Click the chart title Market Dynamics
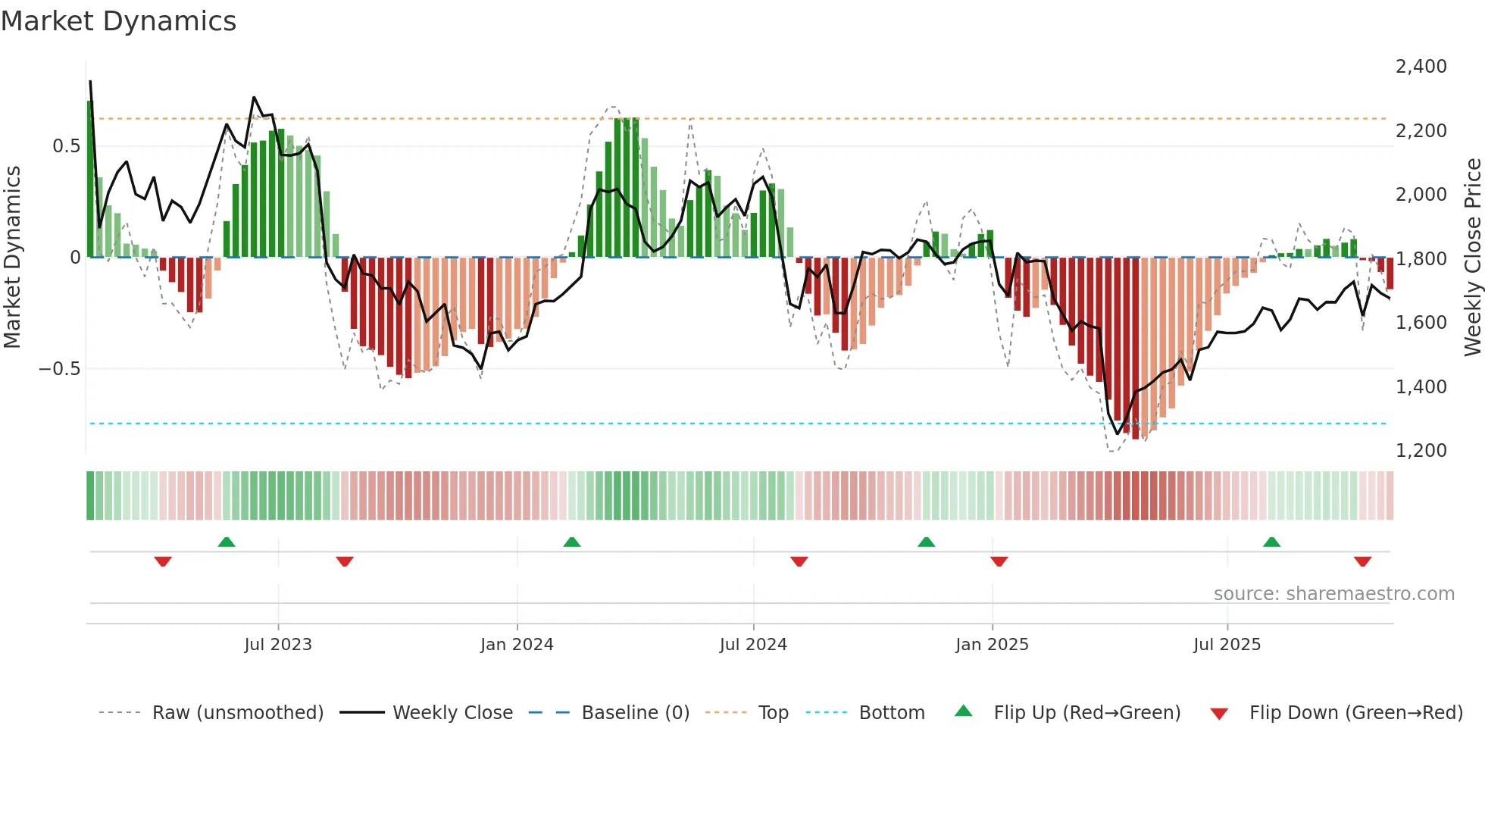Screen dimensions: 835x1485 119,21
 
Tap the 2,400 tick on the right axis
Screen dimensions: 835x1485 1421,67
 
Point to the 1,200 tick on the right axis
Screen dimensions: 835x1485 1421,451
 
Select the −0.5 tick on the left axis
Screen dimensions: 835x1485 59,369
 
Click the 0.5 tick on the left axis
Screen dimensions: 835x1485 66,146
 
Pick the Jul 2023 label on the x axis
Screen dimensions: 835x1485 278,645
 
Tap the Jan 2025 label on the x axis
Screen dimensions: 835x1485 992,645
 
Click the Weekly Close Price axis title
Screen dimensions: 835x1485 1472,258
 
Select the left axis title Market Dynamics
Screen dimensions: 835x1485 12,258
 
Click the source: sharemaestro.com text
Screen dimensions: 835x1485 1333,594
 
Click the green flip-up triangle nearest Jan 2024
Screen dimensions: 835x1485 572,543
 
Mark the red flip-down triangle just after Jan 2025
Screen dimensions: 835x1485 999,561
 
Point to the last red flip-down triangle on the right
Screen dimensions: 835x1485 1362,561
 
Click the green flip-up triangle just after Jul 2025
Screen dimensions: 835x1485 1271,543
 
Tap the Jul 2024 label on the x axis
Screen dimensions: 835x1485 753,645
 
